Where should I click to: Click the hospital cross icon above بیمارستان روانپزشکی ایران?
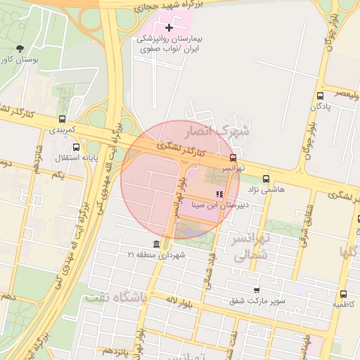(169, 27)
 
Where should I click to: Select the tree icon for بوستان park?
(19, 49)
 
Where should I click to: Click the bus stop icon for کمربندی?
(63, 119)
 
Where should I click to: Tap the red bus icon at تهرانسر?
(233, 157)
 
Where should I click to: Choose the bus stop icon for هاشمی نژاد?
(266, 179)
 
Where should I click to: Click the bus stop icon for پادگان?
(321, 96)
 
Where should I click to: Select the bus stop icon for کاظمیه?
(343, 294)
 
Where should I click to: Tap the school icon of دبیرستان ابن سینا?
(219, 194)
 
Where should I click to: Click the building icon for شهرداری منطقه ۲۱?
(155, 244)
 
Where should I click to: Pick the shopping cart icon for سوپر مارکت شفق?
(256, 290)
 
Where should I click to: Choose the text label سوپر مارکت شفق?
(257, 302)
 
